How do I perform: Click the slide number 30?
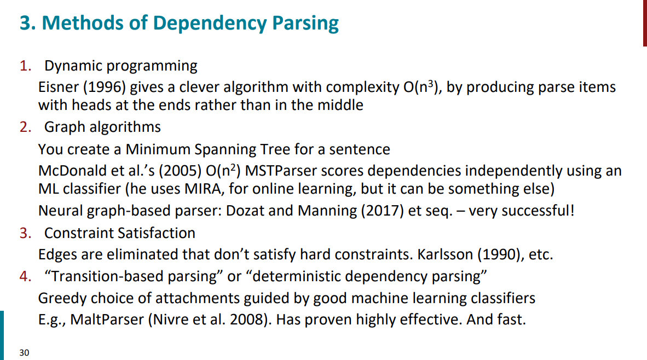tap(24, 352)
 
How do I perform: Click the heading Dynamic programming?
tap(121, 66)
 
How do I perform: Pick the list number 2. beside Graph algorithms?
tap(26, 126)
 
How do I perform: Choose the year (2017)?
tap(383, 210)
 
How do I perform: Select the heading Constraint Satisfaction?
tap(120, 233)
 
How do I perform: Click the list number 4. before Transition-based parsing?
tap(26, 276)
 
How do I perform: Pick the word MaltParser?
tap(107, 319)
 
